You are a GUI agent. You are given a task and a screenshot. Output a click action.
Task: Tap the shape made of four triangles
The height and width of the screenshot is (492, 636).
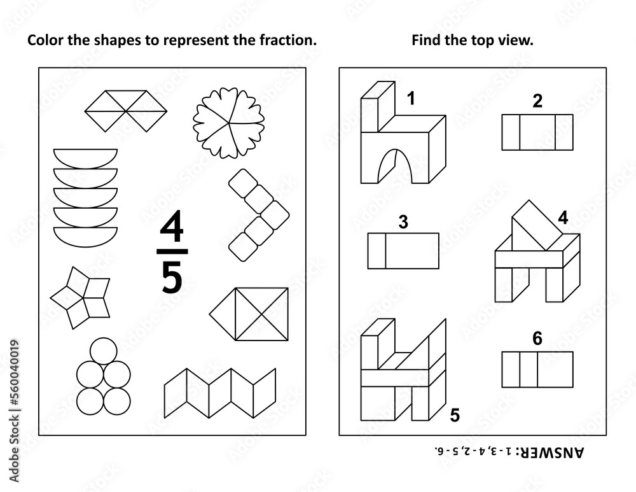point(126,111)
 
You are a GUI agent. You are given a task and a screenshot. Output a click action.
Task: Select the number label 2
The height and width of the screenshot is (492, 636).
point(537,101)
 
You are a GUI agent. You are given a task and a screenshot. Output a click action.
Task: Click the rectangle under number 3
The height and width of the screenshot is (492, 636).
point(403,250)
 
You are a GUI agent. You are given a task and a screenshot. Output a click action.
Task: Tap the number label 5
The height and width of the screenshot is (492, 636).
point(454,415)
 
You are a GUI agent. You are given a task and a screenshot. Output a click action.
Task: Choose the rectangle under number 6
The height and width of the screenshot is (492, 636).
point(537,369)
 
